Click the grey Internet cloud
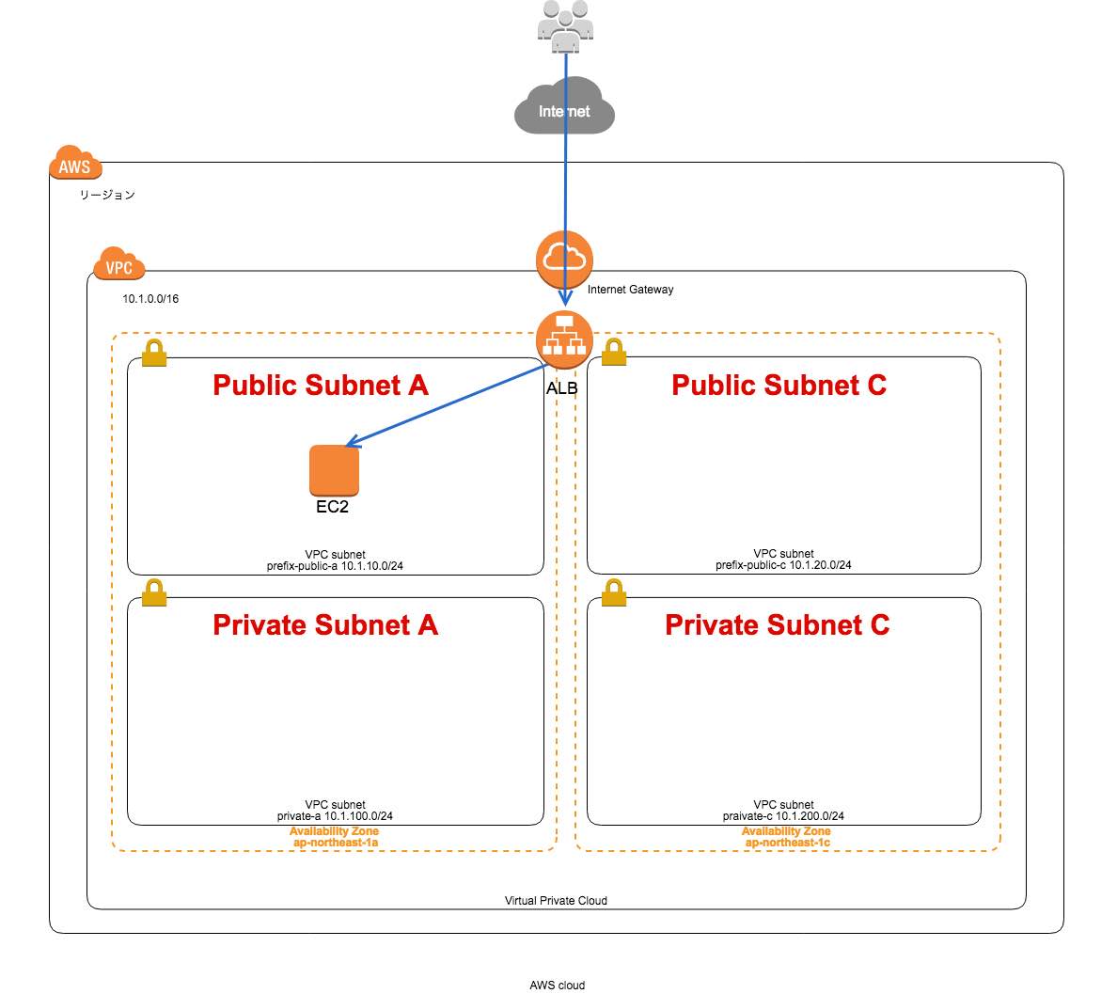click(564, 109)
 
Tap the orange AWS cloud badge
click(75, 165)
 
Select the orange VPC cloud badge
click(119, 265)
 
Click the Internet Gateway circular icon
click(564, 258)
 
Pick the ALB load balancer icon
click(564, 339)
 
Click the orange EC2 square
click(334, 469)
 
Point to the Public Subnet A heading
click(320, 385)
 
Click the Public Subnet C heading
click(779, 385)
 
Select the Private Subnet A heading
click(324, 625)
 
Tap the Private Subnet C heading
click(777, 625)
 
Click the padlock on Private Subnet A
click(154, 593)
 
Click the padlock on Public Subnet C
click(613, 353)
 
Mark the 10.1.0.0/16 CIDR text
click(150, 299)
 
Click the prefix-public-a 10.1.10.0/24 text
click(335, 566)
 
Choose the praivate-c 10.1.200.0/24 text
click(783, 816)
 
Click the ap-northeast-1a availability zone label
click(335, 843)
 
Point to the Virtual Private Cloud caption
click(556, 900)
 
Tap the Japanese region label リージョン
click(107, 195)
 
